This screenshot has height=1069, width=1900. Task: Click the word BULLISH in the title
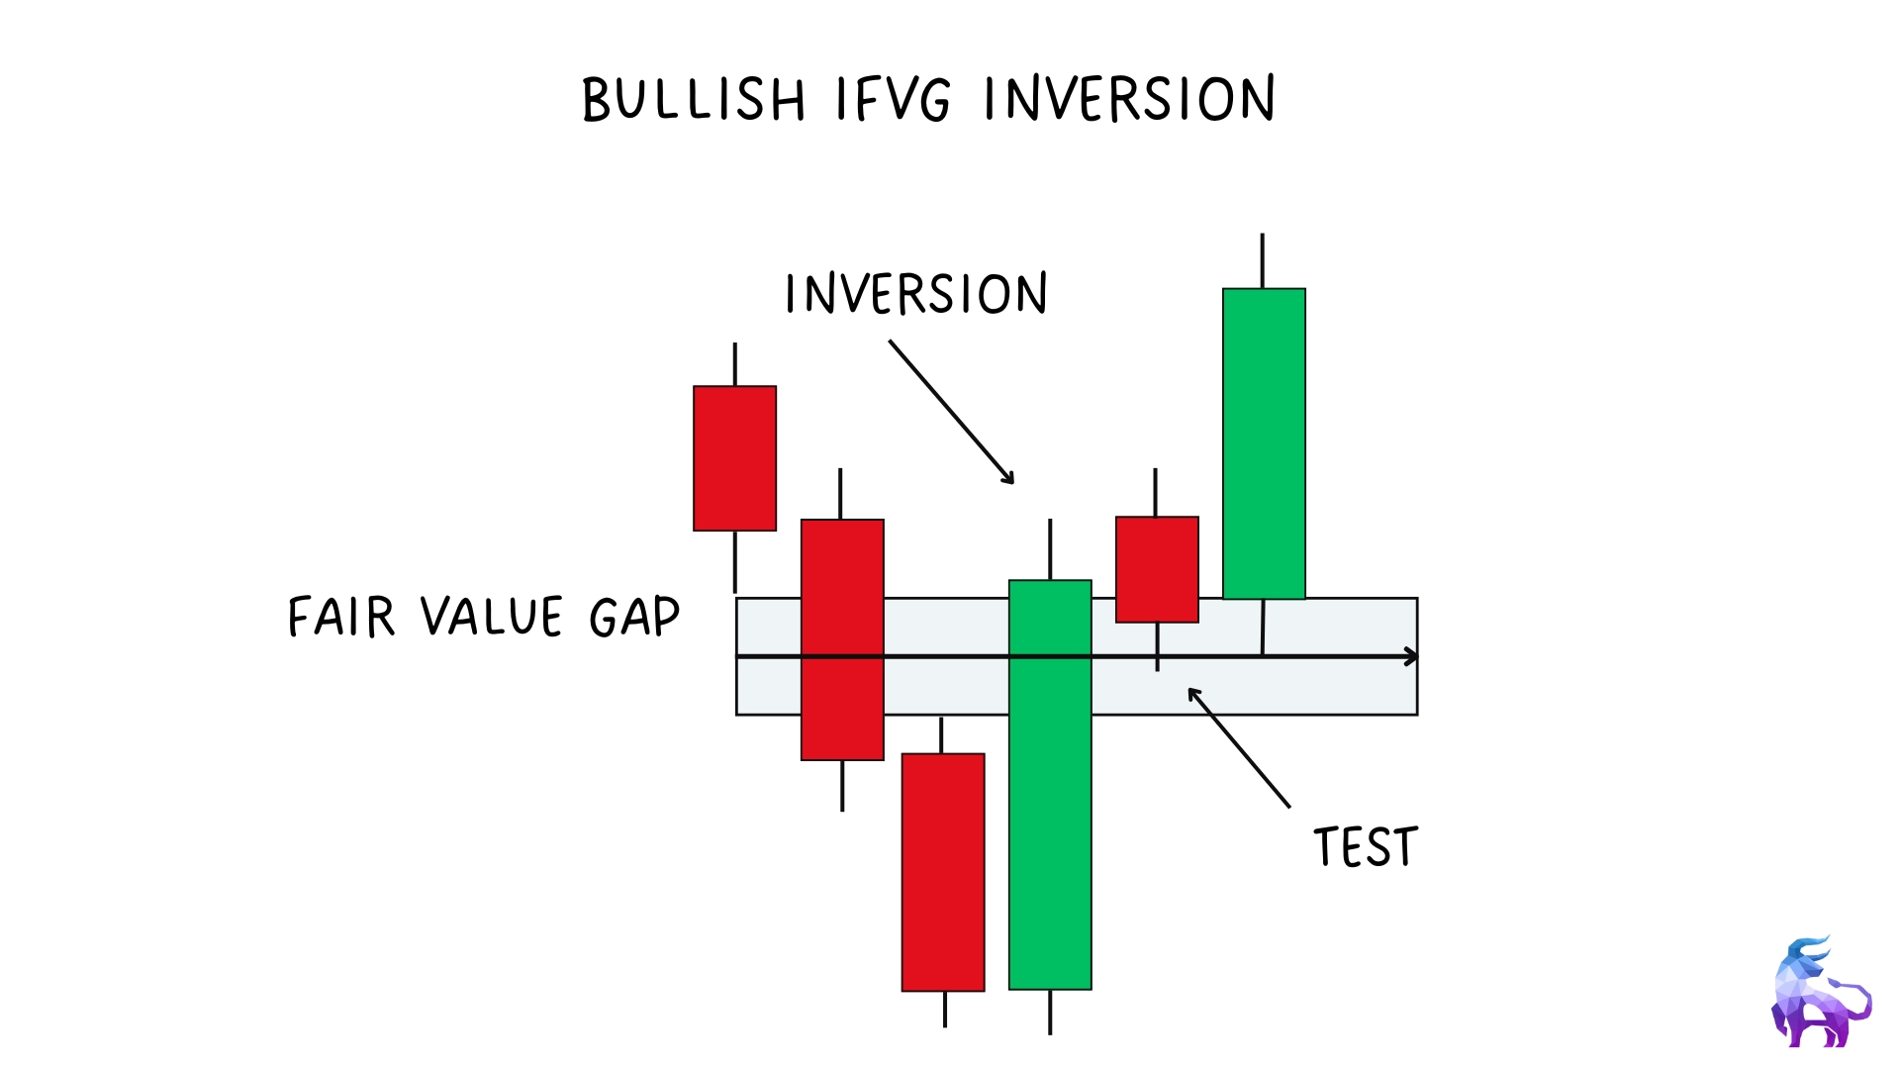coord(694,99)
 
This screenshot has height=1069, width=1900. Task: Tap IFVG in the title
coord(894,99)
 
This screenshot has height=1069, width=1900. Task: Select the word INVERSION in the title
coord(1129,99)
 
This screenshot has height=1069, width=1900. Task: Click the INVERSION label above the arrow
coord(916,294)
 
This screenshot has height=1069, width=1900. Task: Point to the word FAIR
coord(341,617)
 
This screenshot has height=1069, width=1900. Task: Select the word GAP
coord(634,617)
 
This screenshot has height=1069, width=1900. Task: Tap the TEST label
coord(1366,847)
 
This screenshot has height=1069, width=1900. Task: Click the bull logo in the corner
coord(1821,992)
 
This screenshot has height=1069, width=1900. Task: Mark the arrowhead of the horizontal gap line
coord(1411,656)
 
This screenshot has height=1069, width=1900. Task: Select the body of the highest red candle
coord(734,458)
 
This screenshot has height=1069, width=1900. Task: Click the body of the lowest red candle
coord(943,872)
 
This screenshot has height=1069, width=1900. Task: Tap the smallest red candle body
coord(1157,569)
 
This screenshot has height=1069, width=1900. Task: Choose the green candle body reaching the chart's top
coord(1264,443)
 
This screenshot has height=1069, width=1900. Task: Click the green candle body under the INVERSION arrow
coord(1050,784)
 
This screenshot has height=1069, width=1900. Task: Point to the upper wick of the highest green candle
coord(1262,260)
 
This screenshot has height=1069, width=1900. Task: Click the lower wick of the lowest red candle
coord(944,1009)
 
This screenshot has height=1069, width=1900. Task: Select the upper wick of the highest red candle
coord(734,364)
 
